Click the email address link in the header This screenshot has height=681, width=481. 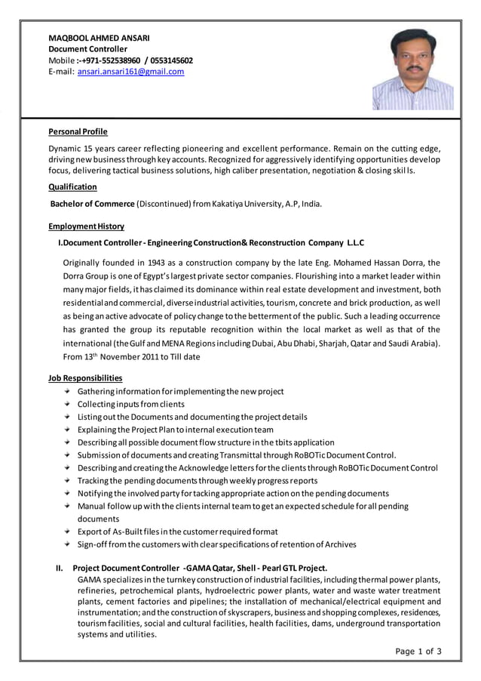130,72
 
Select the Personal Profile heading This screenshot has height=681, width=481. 78,131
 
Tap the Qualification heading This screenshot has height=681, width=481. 72,186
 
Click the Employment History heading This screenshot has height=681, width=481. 86,226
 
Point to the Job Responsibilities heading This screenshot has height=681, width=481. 85,377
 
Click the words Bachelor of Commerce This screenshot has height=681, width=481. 92,204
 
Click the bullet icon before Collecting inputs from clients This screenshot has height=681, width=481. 68,404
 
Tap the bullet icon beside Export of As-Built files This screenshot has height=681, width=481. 68,532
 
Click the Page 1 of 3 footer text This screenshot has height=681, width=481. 418,651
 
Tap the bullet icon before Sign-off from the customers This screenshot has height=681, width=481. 68,544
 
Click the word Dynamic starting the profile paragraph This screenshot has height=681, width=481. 65,149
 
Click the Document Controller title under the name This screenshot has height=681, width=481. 88,49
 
